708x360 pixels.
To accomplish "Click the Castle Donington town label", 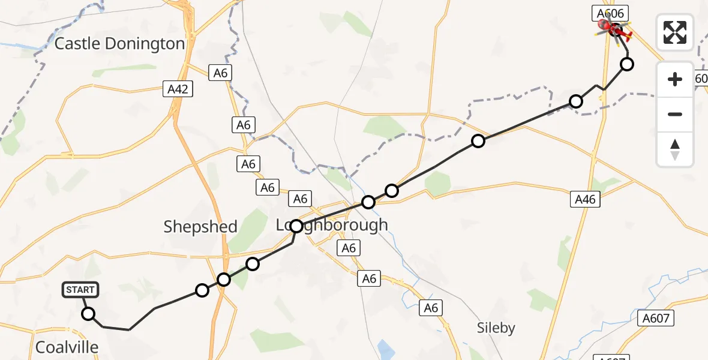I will point(119,43).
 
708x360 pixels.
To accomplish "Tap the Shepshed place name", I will point(200,227).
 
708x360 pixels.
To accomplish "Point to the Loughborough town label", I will point(332,226).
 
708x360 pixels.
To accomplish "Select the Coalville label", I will point(67,347).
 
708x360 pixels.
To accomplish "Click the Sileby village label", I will point(496,328).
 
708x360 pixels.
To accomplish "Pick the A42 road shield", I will point(178,89).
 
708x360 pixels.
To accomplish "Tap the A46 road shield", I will point(584,199).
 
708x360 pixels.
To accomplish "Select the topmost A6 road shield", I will point(221,73).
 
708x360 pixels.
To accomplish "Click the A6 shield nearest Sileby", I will point(431,308).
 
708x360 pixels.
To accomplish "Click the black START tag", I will point(80,290).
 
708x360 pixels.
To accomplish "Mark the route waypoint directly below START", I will point(88,313).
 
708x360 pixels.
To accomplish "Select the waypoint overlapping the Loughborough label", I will point(296,226).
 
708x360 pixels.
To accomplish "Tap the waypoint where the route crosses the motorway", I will point(224,279).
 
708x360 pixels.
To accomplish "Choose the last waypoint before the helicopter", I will point(627,64).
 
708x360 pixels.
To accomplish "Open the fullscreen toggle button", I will point(675,32).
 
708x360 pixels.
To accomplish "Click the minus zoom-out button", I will point(675,114).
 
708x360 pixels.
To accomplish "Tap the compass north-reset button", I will point(675,149).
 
